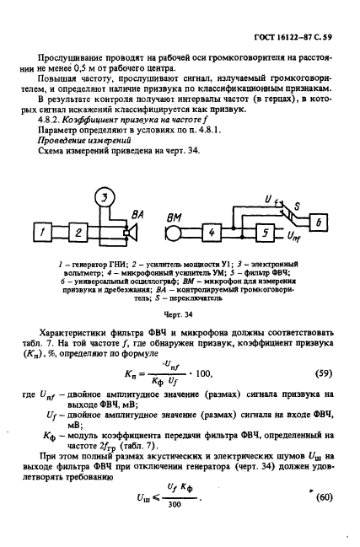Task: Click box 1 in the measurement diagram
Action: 42,230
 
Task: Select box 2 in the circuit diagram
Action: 77,230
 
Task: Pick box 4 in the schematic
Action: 213,231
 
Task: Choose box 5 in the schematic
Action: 265,231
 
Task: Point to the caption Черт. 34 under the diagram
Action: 183,312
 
